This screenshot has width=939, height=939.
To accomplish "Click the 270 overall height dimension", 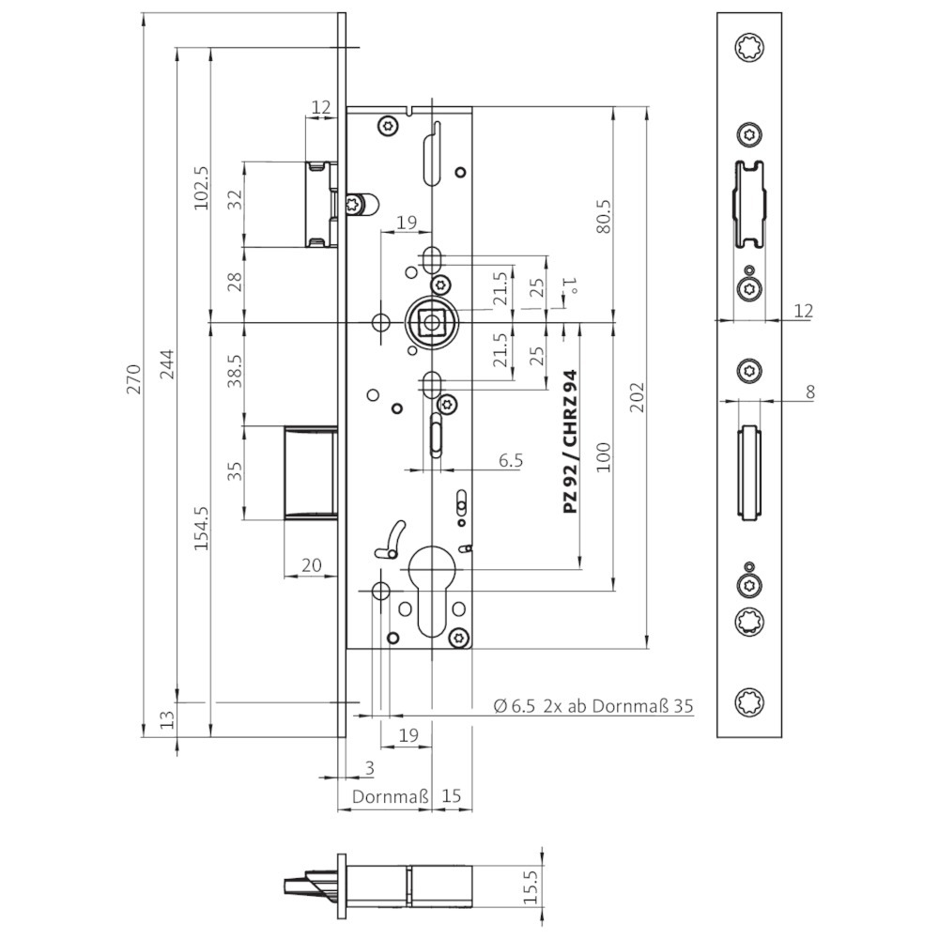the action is click(134, 378).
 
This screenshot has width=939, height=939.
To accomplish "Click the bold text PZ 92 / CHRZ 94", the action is click(570, 440).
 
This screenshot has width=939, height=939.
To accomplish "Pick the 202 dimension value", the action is click(638, 396).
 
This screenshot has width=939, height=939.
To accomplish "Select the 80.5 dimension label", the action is click(604, 216).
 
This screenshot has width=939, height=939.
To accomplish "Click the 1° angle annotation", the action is click(570, 285).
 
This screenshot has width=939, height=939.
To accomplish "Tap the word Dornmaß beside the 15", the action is click(390, 797).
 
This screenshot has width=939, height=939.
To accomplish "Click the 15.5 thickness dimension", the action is click(531, 887).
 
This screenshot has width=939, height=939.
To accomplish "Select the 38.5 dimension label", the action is click(235, 371).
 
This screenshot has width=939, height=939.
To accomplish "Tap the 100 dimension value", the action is click(604, 457).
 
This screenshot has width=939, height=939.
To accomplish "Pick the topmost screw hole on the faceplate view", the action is click(749, 47).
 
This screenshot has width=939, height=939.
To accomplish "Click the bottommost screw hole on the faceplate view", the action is click(749, 701).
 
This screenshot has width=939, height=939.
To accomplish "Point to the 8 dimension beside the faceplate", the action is click(810, 392).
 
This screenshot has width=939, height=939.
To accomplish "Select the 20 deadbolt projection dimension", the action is click(312, 564).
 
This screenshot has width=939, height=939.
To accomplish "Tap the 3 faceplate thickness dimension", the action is click(369, 768).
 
